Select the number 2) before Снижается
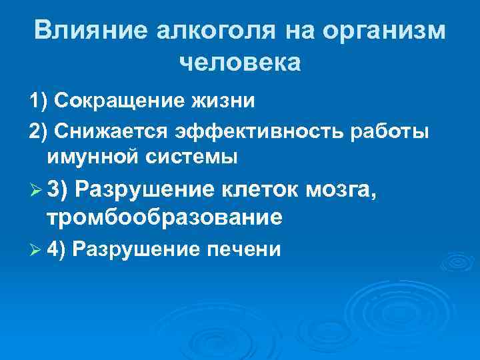click(39, 132)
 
